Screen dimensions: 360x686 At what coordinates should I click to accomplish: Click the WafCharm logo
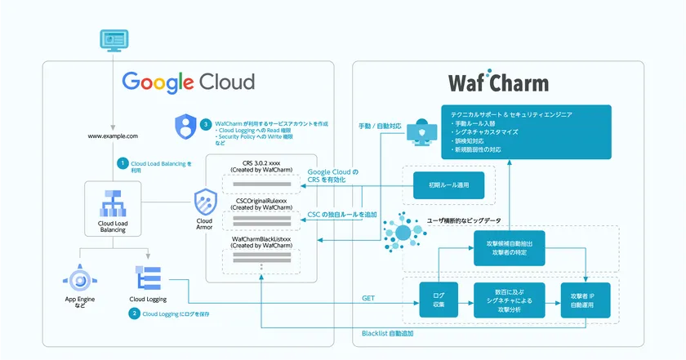(x=498, y=84)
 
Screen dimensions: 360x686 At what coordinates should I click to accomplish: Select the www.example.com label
(x=113, y=136)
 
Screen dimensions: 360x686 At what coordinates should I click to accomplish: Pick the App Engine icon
(x=80, y=279)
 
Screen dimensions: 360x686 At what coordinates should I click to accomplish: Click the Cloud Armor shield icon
(x=204, y=201)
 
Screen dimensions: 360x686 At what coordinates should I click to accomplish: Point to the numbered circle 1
(x=122, y=163)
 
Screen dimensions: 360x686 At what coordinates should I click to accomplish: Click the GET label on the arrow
(x=367, y=300)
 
